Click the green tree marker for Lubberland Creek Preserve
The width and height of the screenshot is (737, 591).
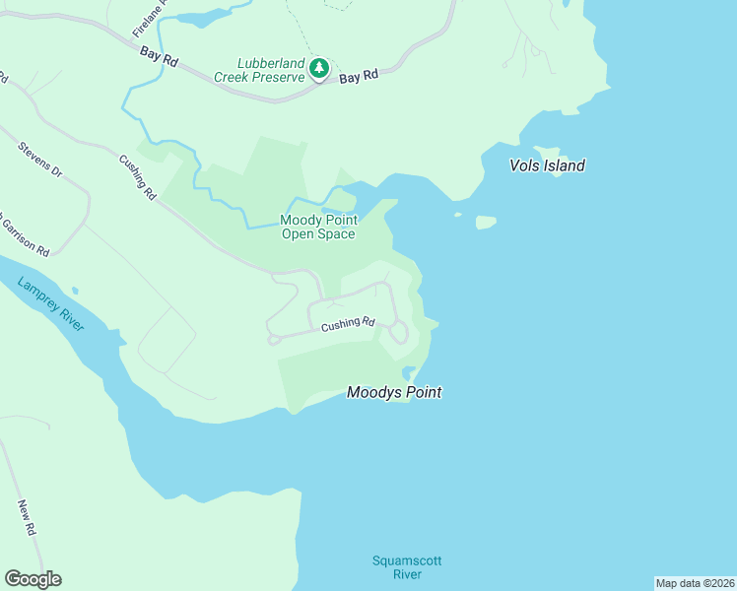pos(318,68)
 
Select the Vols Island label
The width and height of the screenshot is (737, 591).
pos(547,165)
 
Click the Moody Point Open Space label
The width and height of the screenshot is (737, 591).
pos(317,227)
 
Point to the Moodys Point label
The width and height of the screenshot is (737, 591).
pos(393,392)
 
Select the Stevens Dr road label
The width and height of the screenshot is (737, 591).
pos(39,160)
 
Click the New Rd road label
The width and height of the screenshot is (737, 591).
pos(27,517)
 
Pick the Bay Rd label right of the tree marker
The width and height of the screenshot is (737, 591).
pos(359,77)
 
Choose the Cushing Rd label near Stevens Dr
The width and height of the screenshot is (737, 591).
pos(138,178)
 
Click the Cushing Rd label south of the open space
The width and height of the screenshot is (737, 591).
pos(348,323)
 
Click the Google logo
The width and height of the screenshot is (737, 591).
pos(33,579)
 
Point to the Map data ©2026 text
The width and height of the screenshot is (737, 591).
pos(695,583)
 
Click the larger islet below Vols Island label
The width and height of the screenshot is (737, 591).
pos(486,223)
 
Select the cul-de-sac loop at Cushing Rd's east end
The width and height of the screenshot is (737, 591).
pos(398,333)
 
